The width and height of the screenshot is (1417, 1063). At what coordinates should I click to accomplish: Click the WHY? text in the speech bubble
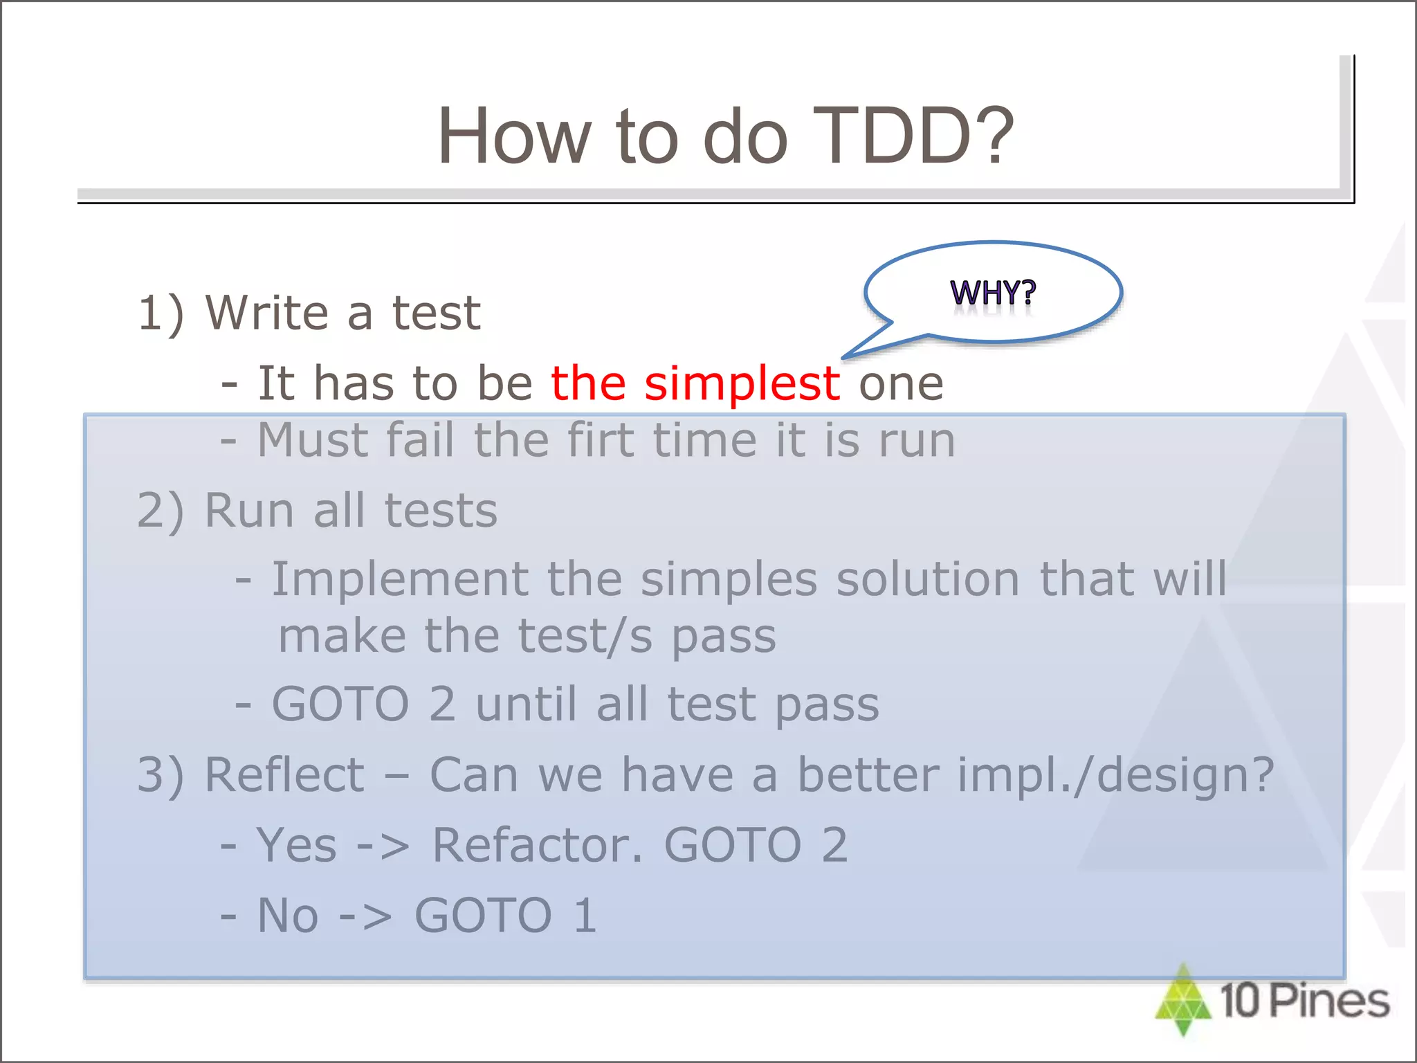(x=993, y=293)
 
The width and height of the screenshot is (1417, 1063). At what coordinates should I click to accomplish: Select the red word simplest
(x=742, y=384)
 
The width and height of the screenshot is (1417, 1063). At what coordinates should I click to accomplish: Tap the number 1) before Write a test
(x=161, y=314)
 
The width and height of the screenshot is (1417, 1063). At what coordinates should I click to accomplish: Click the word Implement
(x=400, y=580)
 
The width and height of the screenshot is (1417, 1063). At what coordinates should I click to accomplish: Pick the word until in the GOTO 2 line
(x=526, y=705)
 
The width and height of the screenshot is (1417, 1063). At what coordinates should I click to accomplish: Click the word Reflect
(x=284, y=775)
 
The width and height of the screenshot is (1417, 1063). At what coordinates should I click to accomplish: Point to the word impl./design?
(x=1115, y=775)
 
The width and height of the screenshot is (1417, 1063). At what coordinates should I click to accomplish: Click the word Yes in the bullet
(x=296, y=846)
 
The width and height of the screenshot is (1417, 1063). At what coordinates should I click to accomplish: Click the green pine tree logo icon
(x=1183, y=1001)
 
